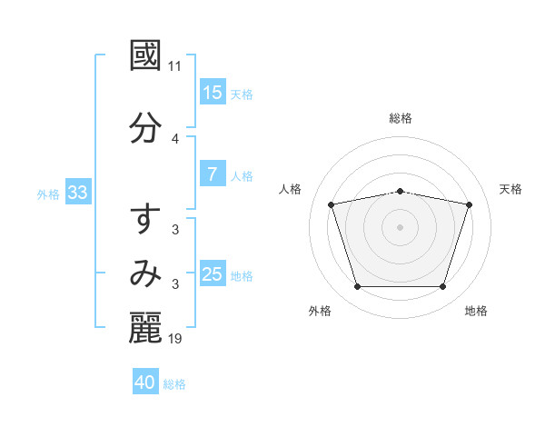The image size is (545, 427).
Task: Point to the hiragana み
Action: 145,273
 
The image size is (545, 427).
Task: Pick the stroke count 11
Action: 175,66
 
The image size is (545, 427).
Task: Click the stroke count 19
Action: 175,339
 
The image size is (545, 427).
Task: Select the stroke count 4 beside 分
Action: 175,139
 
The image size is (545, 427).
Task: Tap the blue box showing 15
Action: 213,93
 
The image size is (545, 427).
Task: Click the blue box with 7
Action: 213,174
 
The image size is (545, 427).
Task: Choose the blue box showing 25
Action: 213,274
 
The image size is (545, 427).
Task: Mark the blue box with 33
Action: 76,193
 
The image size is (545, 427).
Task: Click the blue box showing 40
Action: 145,382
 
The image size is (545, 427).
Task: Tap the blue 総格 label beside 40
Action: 174,384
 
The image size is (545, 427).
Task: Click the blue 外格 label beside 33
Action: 48,194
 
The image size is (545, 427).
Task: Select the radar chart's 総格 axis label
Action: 401,118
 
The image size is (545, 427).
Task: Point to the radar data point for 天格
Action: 470,204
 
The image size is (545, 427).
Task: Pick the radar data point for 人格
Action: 332,204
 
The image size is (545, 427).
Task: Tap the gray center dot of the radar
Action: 401,226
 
